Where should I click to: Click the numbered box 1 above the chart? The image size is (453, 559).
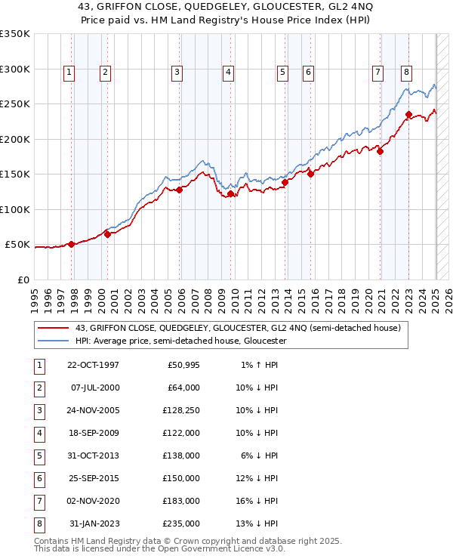pos(69,73)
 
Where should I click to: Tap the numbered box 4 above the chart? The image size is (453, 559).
pos(227,73)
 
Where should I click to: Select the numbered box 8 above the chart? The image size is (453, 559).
pos(406,73)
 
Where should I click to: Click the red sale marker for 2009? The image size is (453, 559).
pos(230,194)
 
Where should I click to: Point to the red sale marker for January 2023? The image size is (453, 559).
pos(408,115)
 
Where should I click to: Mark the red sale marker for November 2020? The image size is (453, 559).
pos(380,151)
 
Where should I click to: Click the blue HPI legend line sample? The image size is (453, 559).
pos(54,341)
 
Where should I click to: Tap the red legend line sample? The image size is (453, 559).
pos(54,328)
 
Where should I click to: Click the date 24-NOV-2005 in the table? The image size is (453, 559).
pos(94,411)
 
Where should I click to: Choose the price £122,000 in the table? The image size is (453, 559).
pos(182,434)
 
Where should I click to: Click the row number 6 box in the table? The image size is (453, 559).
pos(39,479)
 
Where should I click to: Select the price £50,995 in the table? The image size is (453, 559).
pos(183,366)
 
